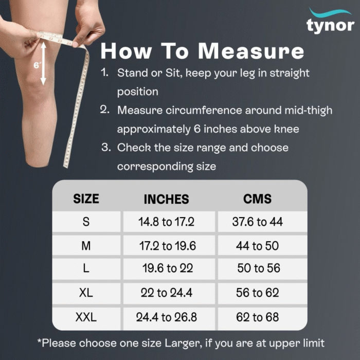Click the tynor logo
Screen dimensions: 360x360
[x=330, y=21]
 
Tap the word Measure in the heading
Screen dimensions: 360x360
[x=251, y=51]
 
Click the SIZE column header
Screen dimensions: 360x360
[x=86, y=199]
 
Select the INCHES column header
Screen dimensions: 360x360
[x=166, y=199]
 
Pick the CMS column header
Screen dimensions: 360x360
[x=257, y=199]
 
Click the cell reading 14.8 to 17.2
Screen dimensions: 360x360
[x=166, y=222]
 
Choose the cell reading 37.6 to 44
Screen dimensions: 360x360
[x=257, y=222]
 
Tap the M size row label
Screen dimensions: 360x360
[x=86, y=246]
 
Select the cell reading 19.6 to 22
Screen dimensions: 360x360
[x=168, y=268]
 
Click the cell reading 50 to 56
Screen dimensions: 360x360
[x=259, y=268]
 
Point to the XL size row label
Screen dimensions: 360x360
[x=86, y=293]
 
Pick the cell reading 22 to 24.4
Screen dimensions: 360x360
[x=167, y=293]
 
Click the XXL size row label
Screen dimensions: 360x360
[x=86, y=317]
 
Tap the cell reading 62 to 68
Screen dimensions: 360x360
[x=257, y=317]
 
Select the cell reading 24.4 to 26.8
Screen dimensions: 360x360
[x=167, y=317]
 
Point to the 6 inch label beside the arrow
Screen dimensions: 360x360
[x=37, y=66]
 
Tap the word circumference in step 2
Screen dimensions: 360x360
[x=204, y=110]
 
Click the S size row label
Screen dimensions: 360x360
[x=86, y=222]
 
